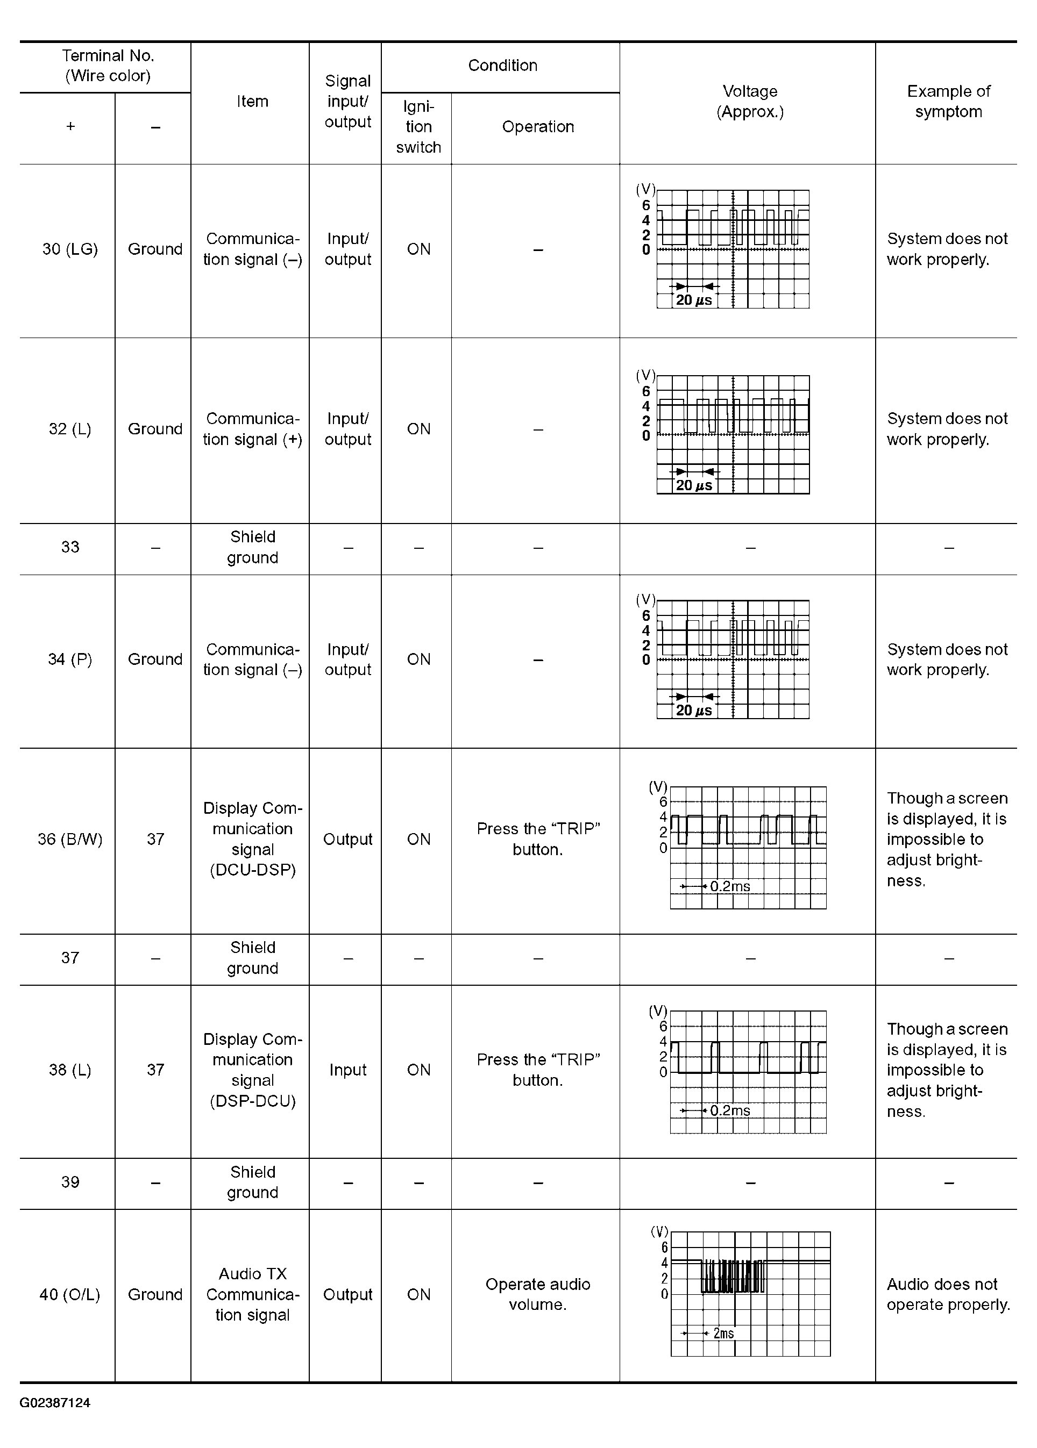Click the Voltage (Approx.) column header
(750, 102)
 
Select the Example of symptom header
(948, 102)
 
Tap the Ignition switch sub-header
(418, 127)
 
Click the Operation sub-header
(538, 127)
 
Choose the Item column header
(252, 102)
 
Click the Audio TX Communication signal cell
(252, 1294)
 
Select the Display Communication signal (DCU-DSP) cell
(252, 839)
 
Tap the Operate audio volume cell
(538, 1294)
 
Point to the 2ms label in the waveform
(723, 1333)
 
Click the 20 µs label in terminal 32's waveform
(693, 486)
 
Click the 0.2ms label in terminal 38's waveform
(730, 1110)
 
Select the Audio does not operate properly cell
(948, 1294)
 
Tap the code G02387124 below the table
(55, 1403)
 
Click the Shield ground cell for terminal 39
(252, 1182)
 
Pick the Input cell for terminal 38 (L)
(347, 1070)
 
